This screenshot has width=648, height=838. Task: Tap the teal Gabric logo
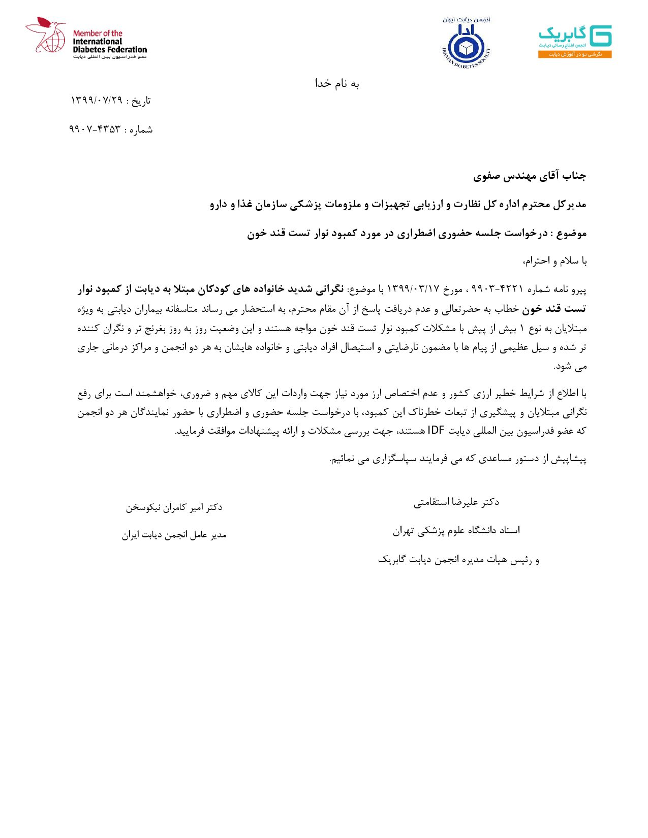(575, 36)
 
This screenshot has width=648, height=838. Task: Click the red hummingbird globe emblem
(46, 36)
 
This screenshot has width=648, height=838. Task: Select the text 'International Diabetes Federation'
(109, 45)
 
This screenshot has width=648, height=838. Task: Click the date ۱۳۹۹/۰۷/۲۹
(97, 101)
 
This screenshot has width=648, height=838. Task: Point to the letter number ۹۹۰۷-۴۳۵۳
(95, 130)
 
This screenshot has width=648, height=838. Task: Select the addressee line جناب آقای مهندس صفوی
(530, 176)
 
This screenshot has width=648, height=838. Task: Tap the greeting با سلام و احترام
(555, 262)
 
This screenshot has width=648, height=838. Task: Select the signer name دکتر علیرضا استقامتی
(456, 502)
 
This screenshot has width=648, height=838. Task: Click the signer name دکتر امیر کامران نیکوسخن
(174, 507)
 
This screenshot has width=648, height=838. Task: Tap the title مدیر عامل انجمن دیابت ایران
(174, 535)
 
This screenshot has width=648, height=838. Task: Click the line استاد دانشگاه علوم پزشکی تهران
(456, 531)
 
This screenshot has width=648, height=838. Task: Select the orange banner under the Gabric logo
(575, 54)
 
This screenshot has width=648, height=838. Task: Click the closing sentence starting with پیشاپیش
(458, 459)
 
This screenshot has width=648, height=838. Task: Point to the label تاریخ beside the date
(141, 101)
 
